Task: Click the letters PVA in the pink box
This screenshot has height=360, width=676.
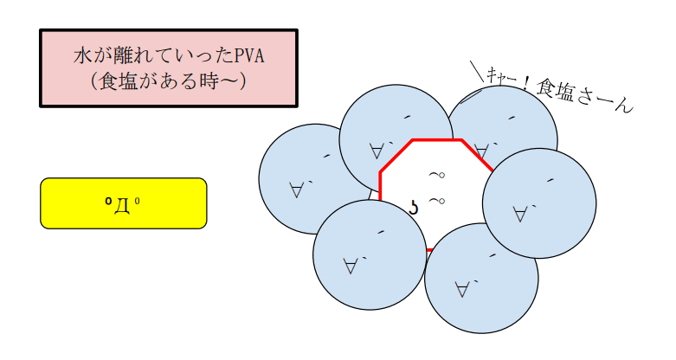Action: (249, 56)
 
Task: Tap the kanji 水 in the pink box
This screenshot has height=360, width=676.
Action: (81, 56)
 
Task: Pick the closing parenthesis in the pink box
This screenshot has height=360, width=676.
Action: (243, 81)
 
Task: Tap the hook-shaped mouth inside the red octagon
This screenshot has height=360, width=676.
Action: (414, 209)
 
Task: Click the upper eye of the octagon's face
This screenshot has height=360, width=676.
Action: (437, 175)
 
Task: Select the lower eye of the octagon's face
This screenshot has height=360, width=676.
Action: (437, 201)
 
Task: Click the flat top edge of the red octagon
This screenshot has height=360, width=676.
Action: (437, 139)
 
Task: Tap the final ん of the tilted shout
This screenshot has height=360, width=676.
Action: (624, 106)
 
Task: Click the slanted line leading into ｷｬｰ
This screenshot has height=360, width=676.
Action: (477, 71)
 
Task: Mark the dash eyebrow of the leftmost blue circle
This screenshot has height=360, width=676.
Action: (327, 156)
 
